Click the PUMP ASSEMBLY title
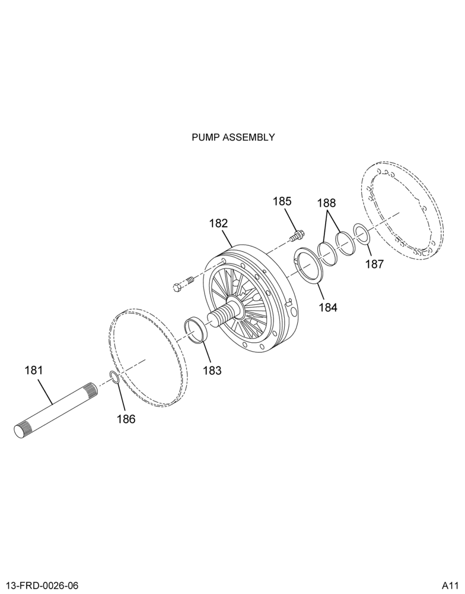point(233,137)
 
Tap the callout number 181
point(34,370)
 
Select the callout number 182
point(219,223)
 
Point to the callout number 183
point(212,370)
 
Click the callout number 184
point(327,307)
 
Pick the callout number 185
point(282,201)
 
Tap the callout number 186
point(126,419)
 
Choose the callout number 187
point(375,264)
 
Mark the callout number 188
point(327,203)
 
